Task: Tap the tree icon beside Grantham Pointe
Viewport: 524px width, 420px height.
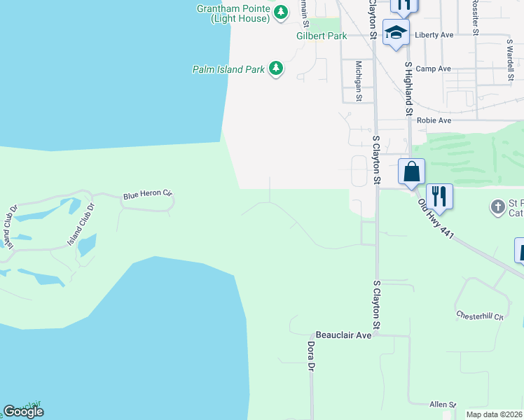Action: pos(280,12)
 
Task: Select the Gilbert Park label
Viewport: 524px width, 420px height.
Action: pos(322,35)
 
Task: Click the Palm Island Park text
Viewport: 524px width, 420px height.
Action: pos(228,69)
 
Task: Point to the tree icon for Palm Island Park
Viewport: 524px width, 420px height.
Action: pos(277,68)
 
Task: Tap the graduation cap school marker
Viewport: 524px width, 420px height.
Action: pos(396,33)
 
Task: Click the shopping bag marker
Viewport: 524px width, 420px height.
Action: pos(412,171)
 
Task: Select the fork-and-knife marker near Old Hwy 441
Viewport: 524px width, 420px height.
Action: pos(439,196)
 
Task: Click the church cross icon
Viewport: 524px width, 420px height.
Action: pos(497,206)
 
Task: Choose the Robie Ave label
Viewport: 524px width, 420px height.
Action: pos(434,120)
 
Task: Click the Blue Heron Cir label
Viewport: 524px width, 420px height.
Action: pos(147,195)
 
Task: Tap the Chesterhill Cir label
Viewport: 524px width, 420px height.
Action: pos(480,316)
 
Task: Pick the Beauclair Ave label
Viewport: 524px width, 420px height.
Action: pos(343,335)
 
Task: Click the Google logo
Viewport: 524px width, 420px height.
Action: pos(23,412)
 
